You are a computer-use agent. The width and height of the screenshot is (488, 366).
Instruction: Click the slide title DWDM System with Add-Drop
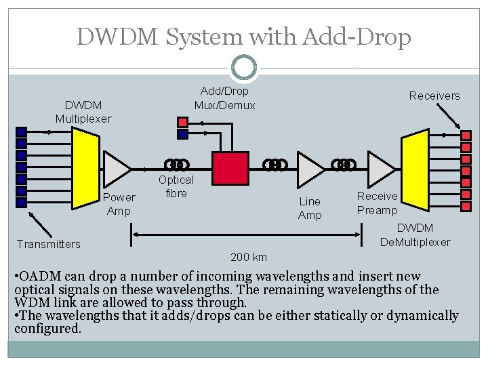(244, 37)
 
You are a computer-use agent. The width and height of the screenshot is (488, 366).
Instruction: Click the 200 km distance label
(249, 257)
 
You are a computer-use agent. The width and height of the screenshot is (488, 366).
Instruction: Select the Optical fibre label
(176, 186)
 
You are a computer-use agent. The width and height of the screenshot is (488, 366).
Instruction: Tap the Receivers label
(434, 96)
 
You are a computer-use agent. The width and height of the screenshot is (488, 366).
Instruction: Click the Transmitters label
(49, 244)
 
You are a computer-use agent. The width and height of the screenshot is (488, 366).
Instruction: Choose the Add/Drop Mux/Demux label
(224, 98)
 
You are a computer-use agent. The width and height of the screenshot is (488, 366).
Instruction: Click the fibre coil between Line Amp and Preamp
(345, 164)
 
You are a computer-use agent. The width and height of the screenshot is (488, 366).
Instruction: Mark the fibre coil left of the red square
(178, 164)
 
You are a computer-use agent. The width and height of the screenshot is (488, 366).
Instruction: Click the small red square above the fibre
(182, 123)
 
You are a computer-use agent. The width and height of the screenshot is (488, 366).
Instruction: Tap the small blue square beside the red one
(182, 134)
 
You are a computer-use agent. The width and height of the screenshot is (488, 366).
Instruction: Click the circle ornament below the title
(243, 66)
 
